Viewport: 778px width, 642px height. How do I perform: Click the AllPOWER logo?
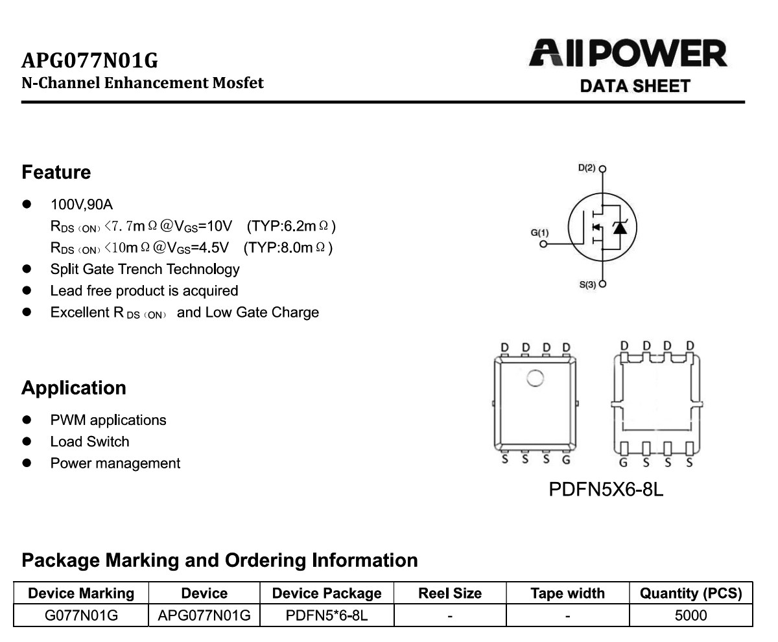628,53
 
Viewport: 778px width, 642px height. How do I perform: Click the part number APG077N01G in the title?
90,60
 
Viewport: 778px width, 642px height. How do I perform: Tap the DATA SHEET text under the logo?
635,86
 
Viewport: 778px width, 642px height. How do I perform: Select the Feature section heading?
56,172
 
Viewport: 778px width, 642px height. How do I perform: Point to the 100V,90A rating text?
82,205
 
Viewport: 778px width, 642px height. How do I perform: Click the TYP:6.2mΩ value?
291,226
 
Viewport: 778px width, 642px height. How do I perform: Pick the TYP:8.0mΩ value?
288,247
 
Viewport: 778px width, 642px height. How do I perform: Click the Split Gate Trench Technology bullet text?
145,269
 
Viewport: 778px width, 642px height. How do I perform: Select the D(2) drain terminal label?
587,168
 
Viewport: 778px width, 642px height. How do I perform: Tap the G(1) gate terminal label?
539,233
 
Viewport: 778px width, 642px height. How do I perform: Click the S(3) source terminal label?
587,285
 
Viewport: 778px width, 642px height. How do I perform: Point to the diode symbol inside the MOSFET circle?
620,227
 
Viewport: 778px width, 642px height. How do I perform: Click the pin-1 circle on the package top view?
536,378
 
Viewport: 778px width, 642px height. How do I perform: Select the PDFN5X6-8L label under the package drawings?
606,489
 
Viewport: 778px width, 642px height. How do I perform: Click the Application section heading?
74,388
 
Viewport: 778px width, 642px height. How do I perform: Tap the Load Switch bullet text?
90,442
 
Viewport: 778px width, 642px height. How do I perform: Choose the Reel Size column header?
450,593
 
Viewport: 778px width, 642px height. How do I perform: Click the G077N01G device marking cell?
81,615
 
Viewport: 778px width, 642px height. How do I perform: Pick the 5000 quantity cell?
691,615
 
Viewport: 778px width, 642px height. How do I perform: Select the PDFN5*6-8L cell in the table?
327,615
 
